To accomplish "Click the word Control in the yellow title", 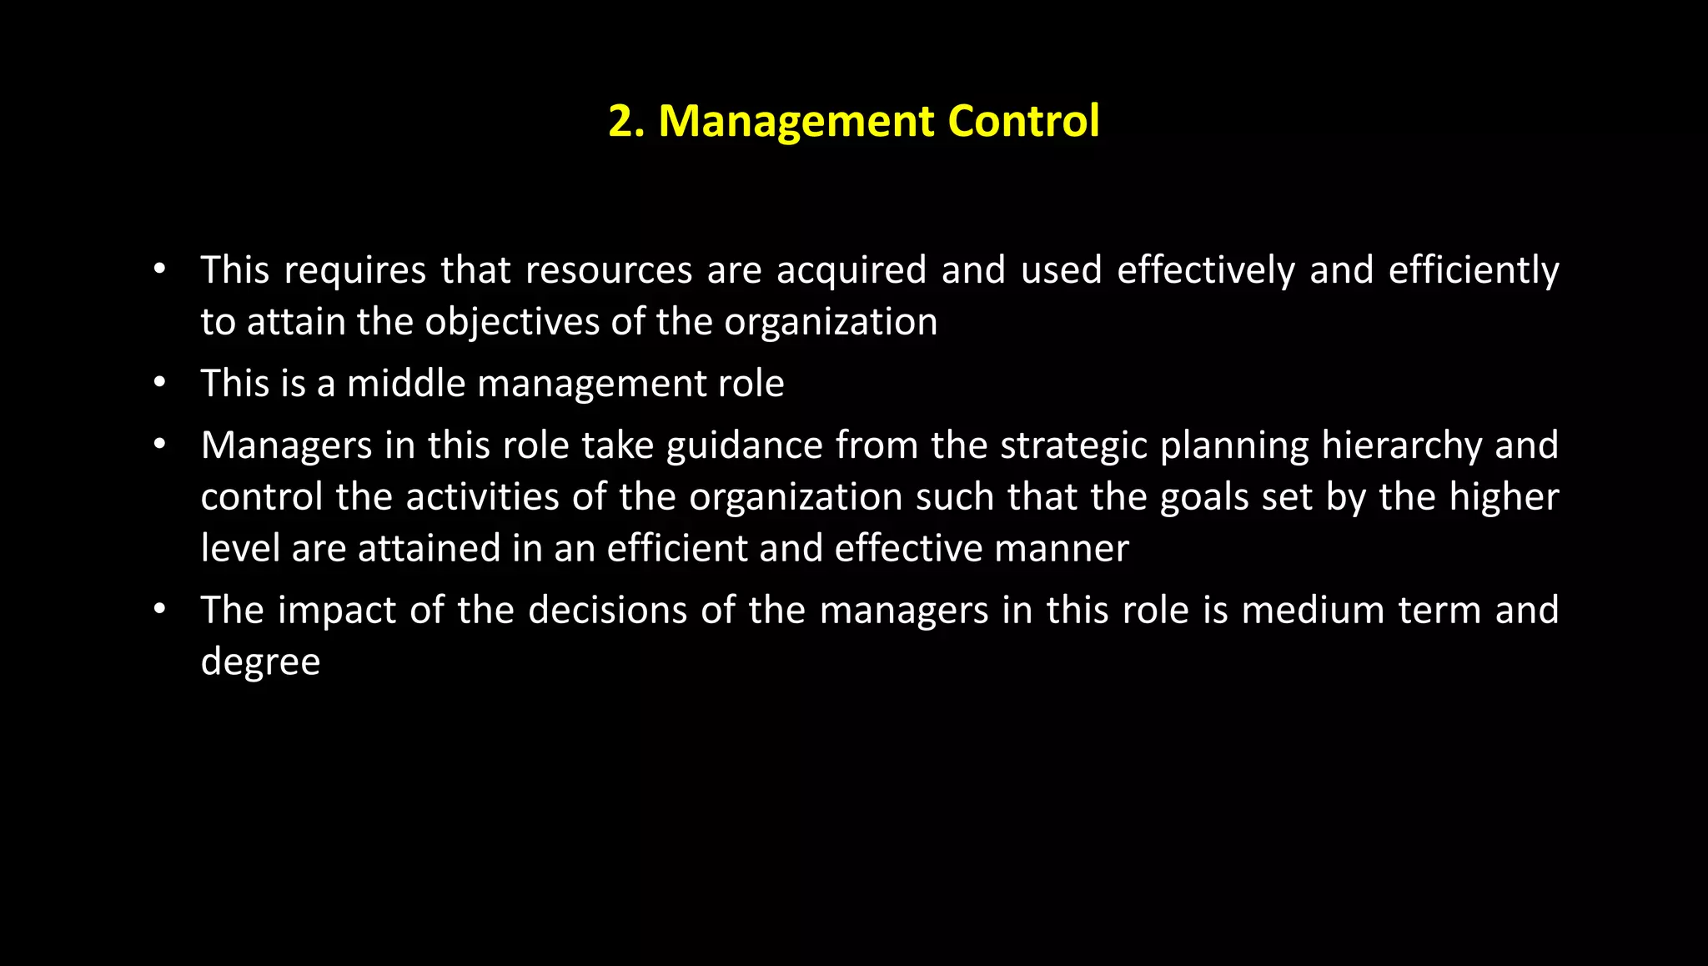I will (x=1023, y=121).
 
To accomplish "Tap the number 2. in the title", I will (x=626, y=122).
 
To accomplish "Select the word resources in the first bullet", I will (x=609, y=270).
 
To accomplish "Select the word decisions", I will (x=607, y=611).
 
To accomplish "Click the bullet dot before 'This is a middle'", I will (x=159, y=383).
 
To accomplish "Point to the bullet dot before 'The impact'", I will (x=159, y=610).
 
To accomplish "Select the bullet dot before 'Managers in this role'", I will (x=159, y=445).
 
